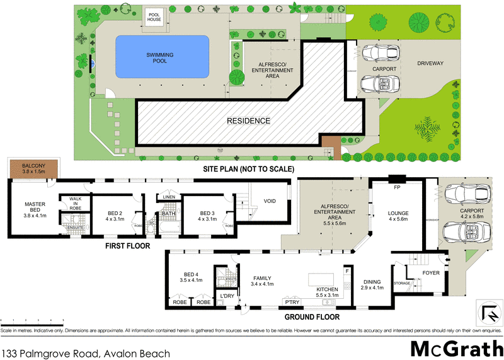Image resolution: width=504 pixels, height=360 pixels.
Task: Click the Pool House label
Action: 154,16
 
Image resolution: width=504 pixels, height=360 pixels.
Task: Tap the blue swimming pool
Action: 163,57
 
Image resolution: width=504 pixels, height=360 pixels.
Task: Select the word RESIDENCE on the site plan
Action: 249,120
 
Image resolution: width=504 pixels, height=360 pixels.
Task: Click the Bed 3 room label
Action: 207,216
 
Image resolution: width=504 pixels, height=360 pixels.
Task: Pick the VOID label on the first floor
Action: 270,202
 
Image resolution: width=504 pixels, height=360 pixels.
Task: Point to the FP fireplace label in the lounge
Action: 397,187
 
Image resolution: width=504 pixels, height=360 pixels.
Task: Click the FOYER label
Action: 431,274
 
